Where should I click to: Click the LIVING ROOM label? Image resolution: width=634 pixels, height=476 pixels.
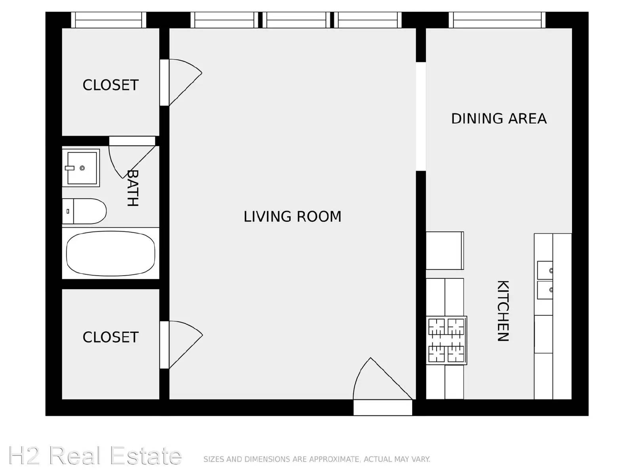click(x=292, y=217)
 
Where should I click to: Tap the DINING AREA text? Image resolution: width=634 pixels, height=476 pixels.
click(x=499, y=119)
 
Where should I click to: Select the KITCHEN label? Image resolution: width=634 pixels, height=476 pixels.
click(x=503, y=311)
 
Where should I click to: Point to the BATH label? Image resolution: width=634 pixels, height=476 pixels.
click(x=133, y=188)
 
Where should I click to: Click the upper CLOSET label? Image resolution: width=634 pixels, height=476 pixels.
click(x=111, y=85)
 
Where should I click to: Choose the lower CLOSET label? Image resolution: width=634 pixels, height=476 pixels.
click(x=111, y=337)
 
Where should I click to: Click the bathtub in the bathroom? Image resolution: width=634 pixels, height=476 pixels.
click(x=111, y=253)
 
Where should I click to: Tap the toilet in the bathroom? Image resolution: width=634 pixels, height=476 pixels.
click(x=84, y=211)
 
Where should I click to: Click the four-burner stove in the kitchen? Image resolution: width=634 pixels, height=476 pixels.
click(x=446, y=340)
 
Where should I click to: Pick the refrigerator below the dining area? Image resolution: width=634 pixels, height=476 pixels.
click(x=445, y=251)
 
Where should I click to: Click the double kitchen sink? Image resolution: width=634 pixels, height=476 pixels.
click(x=545, y=280)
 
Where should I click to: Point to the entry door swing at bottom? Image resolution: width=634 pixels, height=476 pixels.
click(x=383, y=379)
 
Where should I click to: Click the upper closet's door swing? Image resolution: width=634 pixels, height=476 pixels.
click(x=185, y=83)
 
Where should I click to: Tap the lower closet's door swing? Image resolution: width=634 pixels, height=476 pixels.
click(x=186, y=344)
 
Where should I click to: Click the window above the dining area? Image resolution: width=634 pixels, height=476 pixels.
click(x=497, y=20)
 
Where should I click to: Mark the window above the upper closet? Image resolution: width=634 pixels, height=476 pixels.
click(x=109, y=20)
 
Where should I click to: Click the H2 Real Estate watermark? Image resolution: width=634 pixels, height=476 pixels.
click(x=95, y=455)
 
